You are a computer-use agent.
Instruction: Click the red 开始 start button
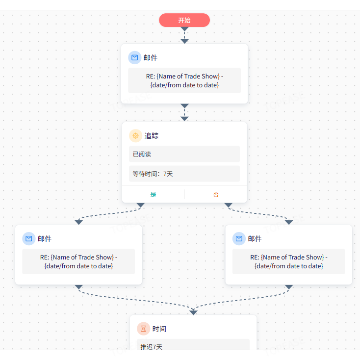coord(184,20)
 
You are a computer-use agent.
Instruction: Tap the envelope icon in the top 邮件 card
coord(135,57)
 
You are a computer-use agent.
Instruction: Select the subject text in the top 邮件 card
coord(184,80)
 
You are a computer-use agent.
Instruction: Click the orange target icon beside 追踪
coord(135,135)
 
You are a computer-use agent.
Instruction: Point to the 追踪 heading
coord(152,135)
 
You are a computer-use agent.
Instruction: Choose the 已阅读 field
coord(184,154)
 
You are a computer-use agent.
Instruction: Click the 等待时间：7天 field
coord(184,174)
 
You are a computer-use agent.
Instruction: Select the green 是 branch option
coord(154,195)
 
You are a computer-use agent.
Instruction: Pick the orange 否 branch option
coord(216,195)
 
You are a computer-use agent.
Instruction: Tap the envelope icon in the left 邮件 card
coord(29,238)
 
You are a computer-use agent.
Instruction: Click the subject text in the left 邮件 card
coord(78,261)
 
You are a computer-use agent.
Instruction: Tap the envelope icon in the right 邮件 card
coord(239,238)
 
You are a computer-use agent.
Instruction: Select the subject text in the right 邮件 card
coord(289,261)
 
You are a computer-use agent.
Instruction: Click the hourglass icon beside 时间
coord(143,329)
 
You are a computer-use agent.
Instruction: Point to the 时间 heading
coord(159,329)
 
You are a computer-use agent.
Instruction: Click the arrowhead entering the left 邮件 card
coord(79,222)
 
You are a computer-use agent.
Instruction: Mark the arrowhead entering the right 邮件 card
coord(289,222)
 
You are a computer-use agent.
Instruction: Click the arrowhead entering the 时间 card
coord(193,312)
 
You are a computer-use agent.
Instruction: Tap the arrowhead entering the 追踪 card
coord(184,119)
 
